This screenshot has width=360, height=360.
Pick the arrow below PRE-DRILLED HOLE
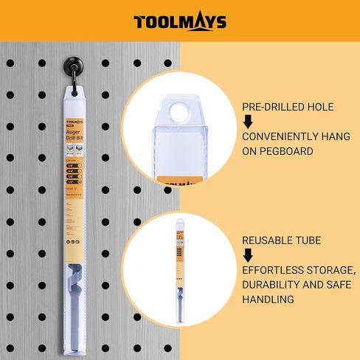[249, 122]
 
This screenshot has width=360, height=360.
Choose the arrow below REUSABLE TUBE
[249, 255]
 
